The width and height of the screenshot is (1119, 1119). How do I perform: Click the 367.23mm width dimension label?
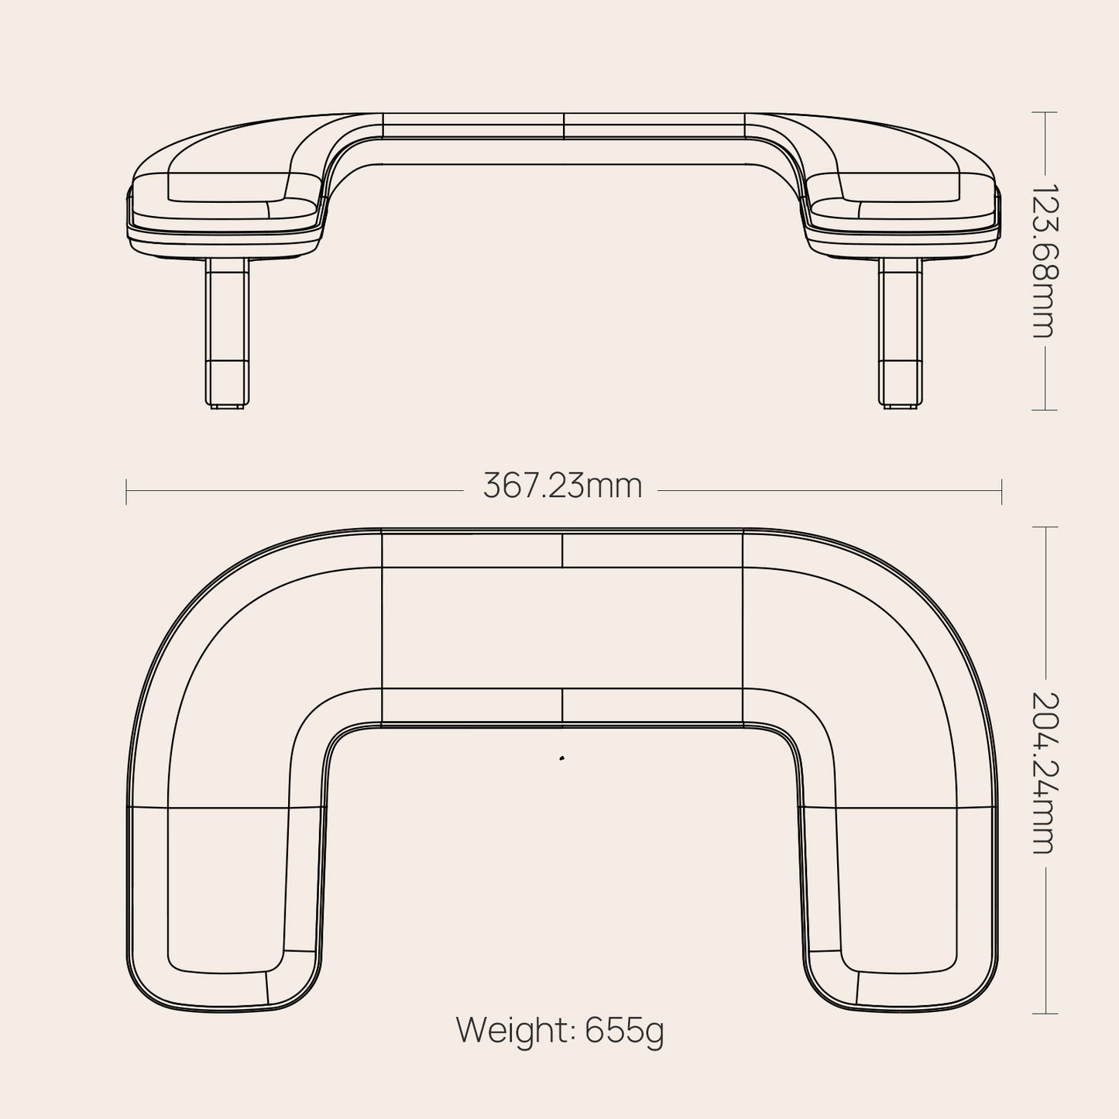[x=563, y=487]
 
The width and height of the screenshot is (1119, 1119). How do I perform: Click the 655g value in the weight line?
[x=624, y=1031]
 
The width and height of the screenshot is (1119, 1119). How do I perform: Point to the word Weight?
[x=514, y=1031]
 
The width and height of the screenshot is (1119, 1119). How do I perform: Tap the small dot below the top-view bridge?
[x=561, y=758]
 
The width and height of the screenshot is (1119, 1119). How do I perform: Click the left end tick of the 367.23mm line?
[x=126, y=491]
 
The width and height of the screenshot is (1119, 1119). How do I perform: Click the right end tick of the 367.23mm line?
[x=1002, y=491]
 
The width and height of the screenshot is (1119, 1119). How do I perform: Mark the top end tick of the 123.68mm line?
[x=1045, y=112]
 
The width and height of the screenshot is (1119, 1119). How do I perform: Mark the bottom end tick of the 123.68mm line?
[x=1045, y=410]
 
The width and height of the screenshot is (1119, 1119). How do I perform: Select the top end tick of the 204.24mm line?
[x=1045, y=527]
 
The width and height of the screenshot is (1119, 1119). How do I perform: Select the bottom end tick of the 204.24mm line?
[x=1045, y=1014]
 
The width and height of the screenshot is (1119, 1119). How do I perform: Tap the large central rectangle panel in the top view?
[x=562, y=627]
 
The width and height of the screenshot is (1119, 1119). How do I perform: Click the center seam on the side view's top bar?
[x=563, y=125]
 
